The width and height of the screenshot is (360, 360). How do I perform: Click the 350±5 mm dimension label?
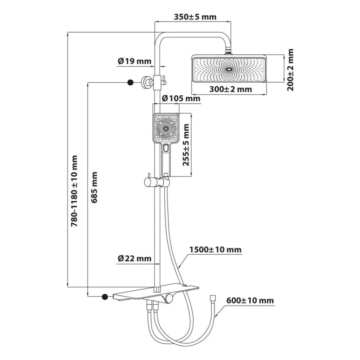click(x=195, y=17)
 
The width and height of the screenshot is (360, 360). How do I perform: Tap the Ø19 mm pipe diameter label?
click(x=134, y=61)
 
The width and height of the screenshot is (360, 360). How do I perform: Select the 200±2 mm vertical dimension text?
click(x=290, y=70)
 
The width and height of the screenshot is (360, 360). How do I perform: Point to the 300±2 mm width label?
click(x=230, y=89)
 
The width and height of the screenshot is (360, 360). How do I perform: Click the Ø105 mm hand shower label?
click(x=181, y=99)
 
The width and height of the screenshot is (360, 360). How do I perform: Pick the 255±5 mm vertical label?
click(x=186, y=145)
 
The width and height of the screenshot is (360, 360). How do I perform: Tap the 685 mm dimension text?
click(x=94, y=187)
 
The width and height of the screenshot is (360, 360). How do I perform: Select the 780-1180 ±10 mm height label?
click(x=74, y=191)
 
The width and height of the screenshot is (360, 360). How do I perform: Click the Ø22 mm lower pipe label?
click(x=134, y=258)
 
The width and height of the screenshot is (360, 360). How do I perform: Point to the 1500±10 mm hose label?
click(x=215, y=250)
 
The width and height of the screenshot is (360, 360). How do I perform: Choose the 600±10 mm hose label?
click(x=250, y=300)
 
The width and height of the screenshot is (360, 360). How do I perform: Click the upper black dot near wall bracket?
click(x=131, y=82)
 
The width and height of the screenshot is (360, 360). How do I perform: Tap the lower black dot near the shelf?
click(x=105, y=297)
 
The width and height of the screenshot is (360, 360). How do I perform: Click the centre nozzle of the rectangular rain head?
click(x=229, y=69)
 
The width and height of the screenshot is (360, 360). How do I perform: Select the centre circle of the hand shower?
click(x=166, y=129)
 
